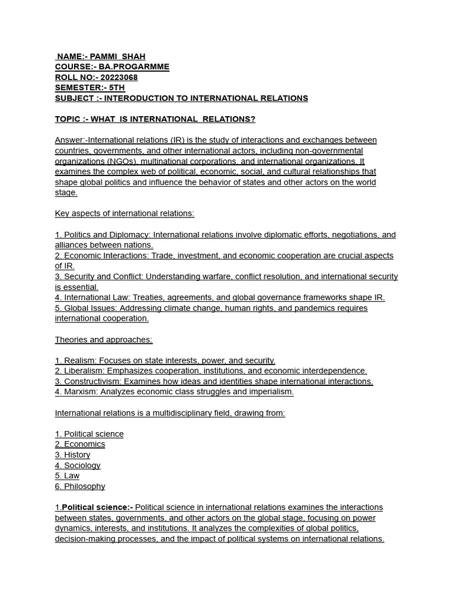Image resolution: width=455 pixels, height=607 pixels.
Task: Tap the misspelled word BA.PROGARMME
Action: click(140, 67)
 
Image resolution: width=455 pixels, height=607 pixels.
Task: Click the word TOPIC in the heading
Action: click(68, 119)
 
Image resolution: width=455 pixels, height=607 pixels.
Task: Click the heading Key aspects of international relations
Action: click(124, 213)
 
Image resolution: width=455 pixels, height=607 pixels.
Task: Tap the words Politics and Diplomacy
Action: click(107, 235)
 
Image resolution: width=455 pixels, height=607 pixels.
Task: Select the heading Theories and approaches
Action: click(104, 340)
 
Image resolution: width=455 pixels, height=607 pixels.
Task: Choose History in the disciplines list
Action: click(77, 455)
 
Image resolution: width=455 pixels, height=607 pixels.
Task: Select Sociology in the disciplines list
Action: click(82, 465)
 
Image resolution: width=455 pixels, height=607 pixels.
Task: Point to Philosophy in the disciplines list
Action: click(84, 486)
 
